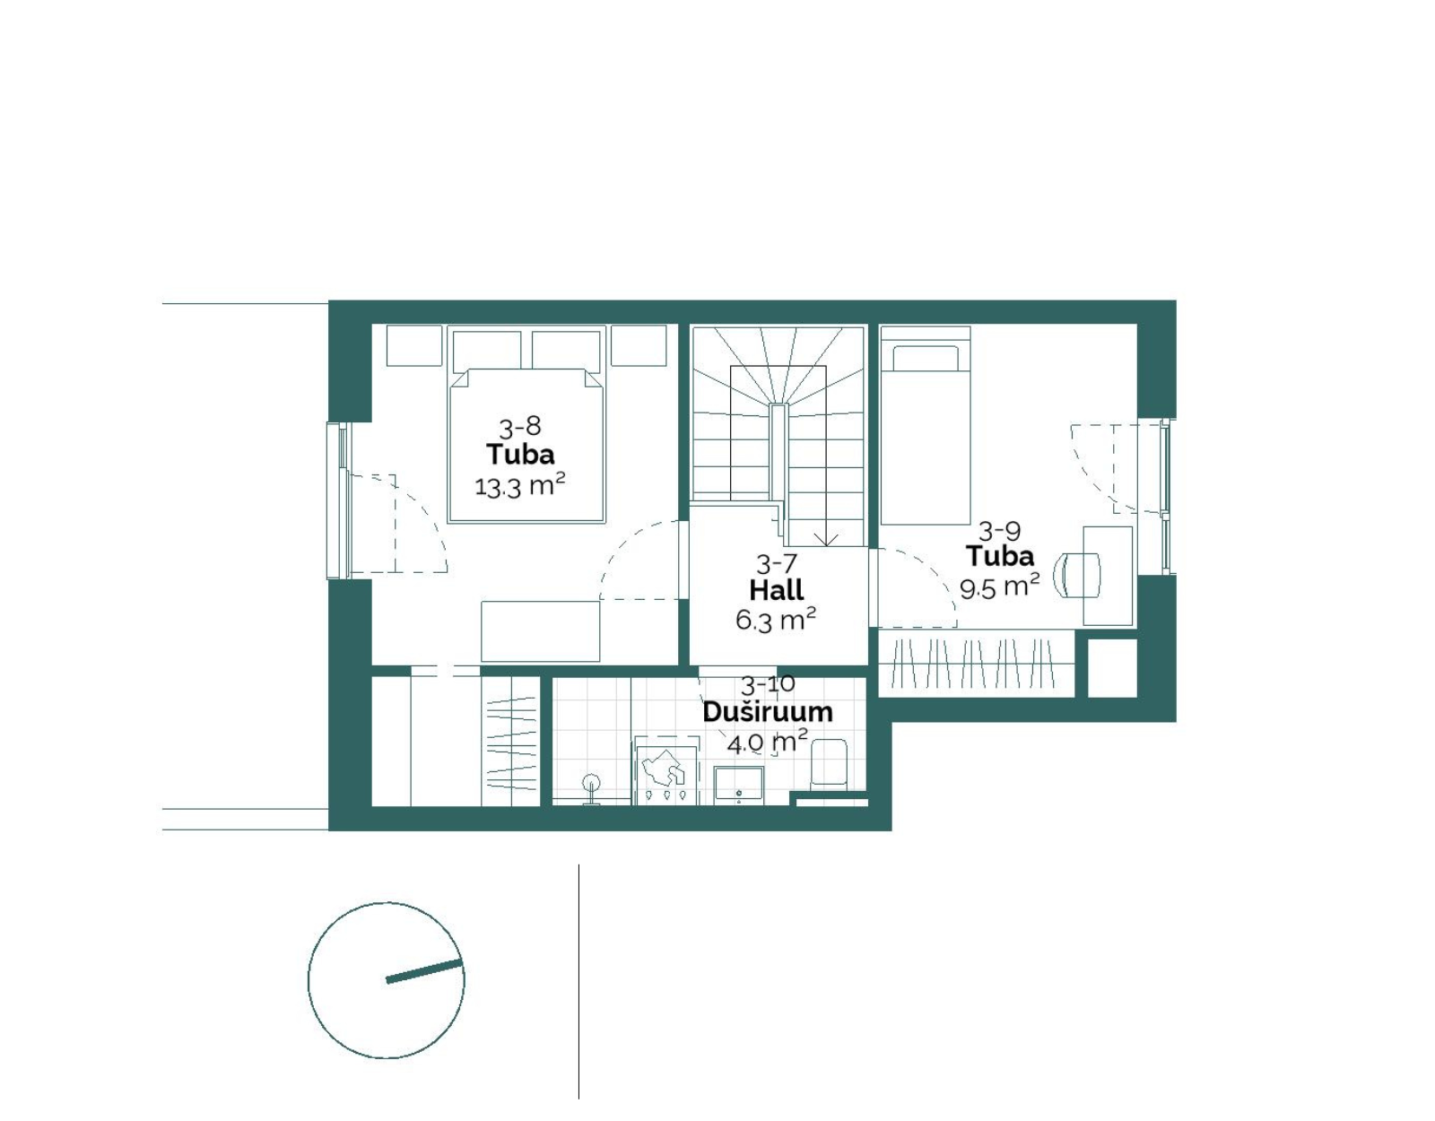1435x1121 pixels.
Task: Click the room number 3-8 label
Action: [x=519, y=427]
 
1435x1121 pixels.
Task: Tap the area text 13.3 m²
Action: [x=519, y=486]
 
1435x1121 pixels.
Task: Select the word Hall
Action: [x=777, y=589]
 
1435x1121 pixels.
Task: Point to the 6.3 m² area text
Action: [x=775, y=620]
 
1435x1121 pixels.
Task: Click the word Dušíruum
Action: [x=768, y=712]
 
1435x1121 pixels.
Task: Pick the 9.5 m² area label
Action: [x=999, y=586]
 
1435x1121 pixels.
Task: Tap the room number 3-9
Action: [x=999, y=530]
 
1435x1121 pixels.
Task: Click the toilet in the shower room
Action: [x=829, y=763]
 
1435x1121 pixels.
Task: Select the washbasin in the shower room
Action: [x=738, y=786]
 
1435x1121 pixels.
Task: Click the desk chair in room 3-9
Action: [x=1077, y=575]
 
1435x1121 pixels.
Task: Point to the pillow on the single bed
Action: [x=926, y=359]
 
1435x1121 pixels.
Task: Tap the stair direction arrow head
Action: [x=825, y=540]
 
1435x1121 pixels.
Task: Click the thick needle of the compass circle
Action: [x=424, y=971]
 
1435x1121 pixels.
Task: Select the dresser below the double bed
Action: [x=540, y=631]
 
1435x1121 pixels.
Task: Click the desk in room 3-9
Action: [x=1109, y=576]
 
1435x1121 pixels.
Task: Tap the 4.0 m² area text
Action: [x=767, y=742]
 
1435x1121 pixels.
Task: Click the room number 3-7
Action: [x=777, y=564]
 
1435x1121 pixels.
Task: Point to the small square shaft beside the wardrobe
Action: [x=1112, y=667]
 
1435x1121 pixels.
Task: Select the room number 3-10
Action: [x=768, y=684]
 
